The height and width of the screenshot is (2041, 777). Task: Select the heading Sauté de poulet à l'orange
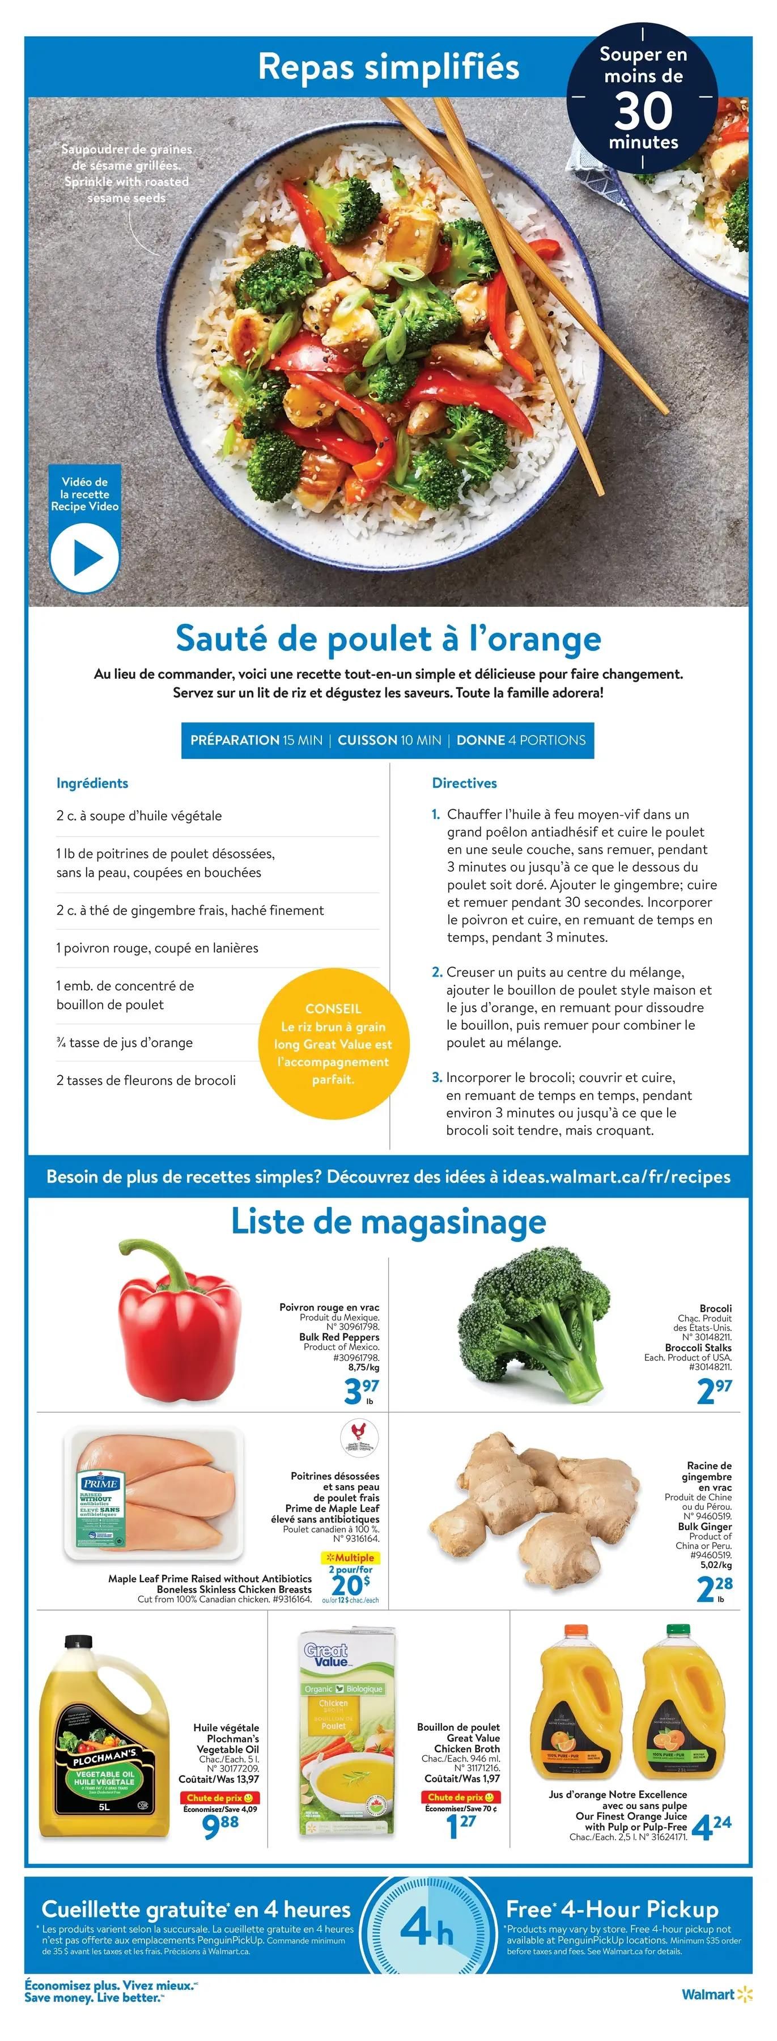coord(388,638)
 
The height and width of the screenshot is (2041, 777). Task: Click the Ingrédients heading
coord(92,783)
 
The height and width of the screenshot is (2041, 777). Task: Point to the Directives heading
coord(464,783)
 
